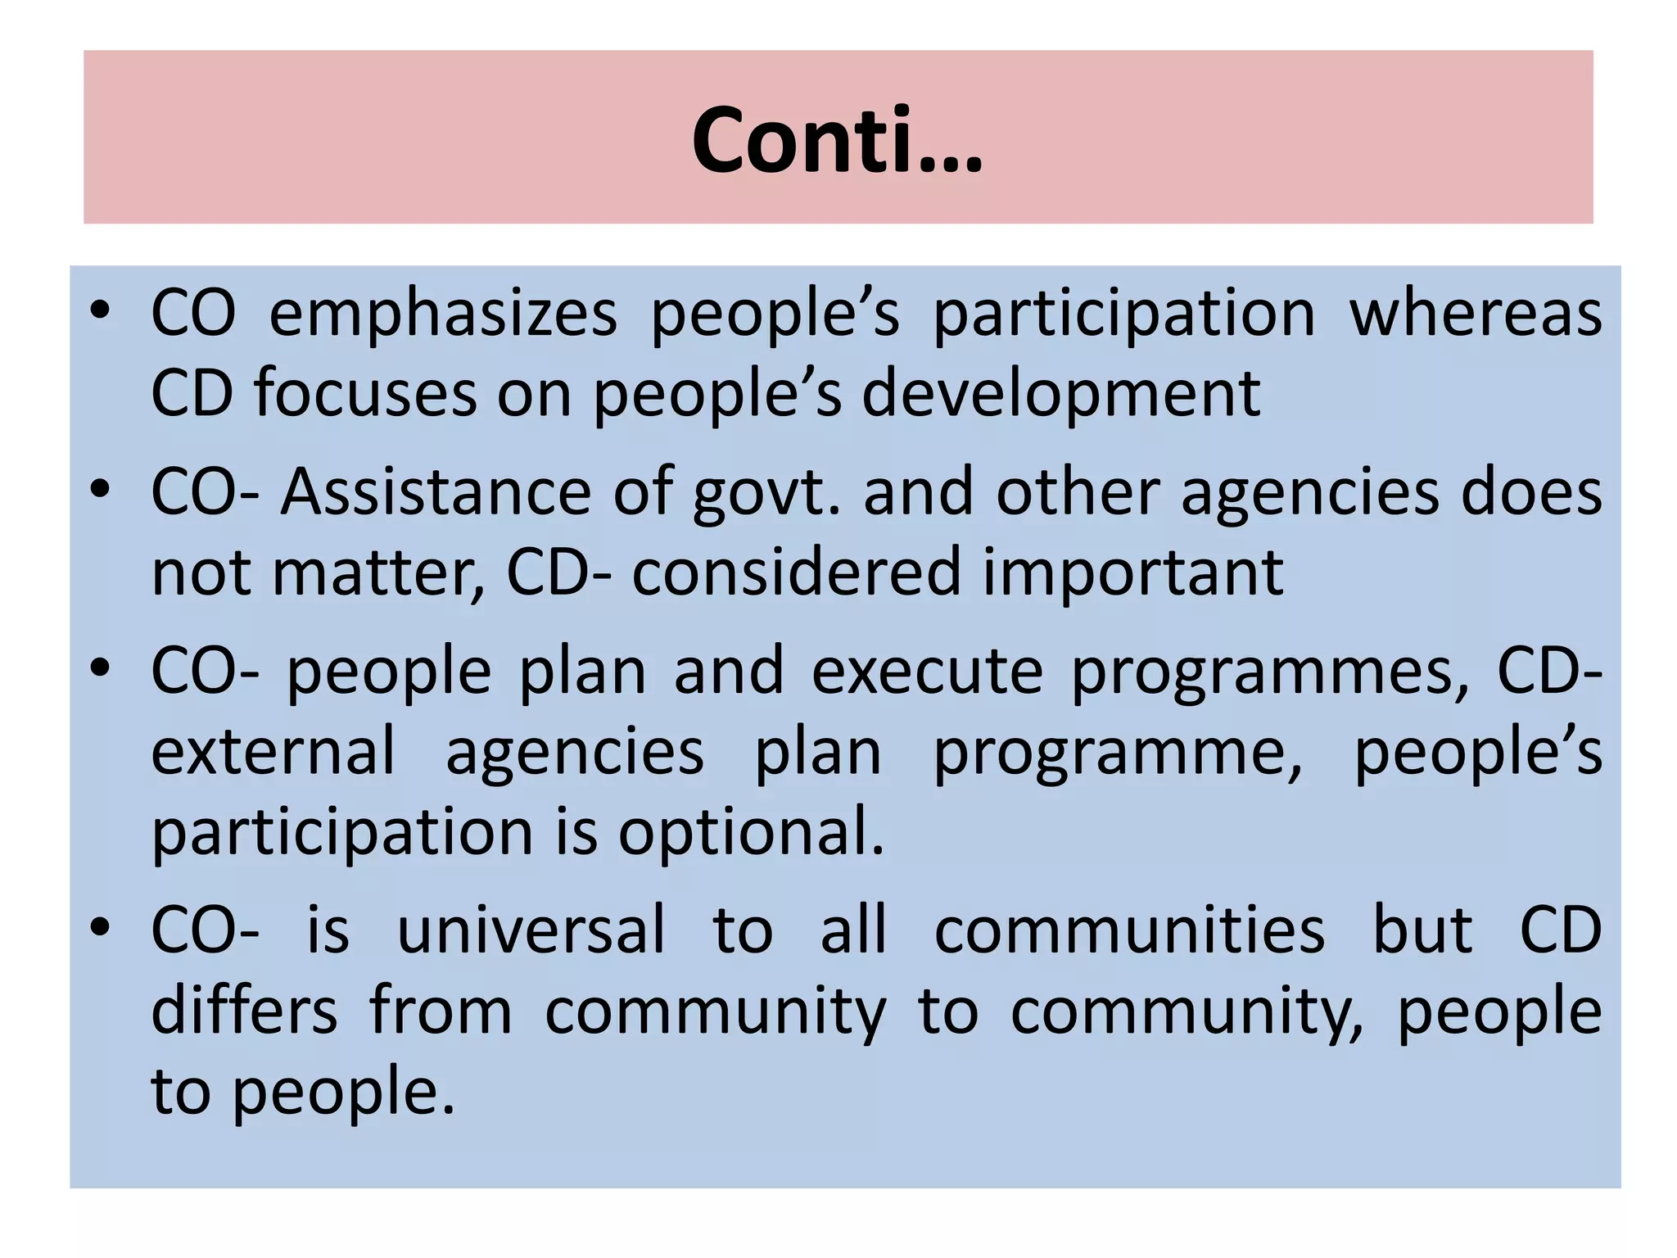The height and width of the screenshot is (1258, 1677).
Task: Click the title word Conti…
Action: click(x=837, y=141)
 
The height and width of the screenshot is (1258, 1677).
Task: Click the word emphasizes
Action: click(x=443, y=314)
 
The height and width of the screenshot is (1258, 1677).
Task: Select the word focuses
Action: click(x=365, y=395)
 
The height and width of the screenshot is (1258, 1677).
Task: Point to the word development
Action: click(x=1061, y=395)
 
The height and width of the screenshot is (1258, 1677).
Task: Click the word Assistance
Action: click(x=436, y=493)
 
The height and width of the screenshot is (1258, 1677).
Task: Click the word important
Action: click(x=1133, y=572)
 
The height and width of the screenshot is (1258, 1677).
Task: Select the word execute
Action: click(x=927, y=672)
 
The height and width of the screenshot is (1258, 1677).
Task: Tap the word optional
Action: click(x=751, y=833)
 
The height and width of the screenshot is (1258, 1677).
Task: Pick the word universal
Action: click(x=531, y=931)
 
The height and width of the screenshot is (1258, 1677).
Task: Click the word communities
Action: click(x=1129, y=931)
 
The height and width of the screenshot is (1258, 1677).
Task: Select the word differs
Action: click(x=244, y=1011)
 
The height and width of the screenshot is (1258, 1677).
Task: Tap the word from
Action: click(x=441, y=1011)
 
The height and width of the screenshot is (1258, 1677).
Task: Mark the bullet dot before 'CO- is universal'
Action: click(x=100, y=929)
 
